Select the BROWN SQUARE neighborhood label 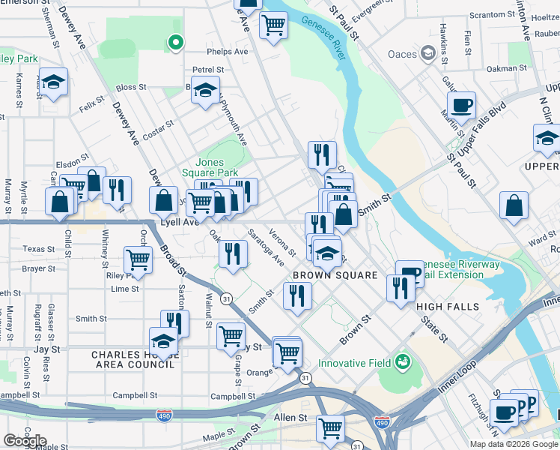tap(335, 275)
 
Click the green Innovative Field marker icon tap(404, 362)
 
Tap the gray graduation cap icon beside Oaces tap(427, 53)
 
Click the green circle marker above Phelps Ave tap(175, 42)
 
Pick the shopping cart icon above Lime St tap(139, 260)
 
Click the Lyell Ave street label tap(180, 223)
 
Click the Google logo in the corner tap(24, 441)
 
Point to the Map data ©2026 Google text tap(514, 444)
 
